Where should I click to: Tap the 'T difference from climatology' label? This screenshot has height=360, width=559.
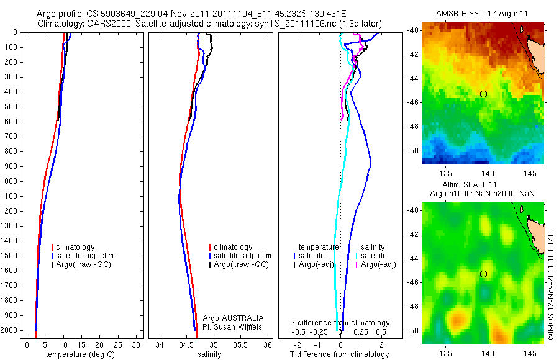339,354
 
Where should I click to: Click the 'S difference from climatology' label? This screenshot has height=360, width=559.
340,323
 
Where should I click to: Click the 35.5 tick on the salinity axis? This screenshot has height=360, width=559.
242,343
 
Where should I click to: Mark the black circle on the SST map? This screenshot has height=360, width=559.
483,94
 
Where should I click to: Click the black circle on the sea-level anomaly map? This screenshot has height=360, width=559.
483,274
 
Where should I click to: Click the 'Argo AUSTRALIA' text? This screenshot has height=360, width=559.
233,318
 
